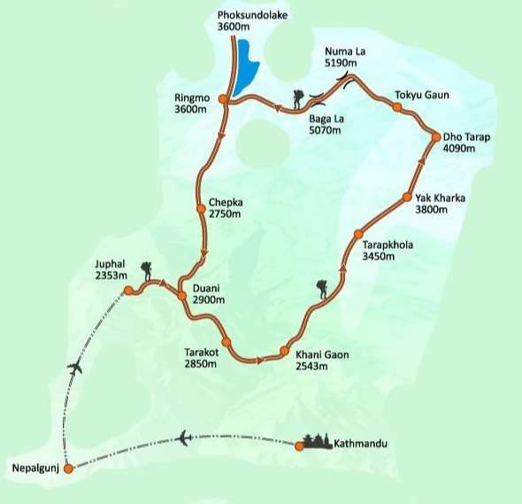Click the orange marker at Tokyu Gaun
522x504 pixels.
click(x=397, y=107)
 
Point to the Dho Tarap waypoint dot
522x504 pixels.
click(x=436, y=136)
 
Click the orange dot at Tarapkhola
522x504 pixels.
click(x=358, y=234)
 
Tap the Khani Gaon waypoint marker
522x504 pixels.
click(x=284, y=351)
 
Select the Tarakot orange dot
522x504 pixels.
click(x=226, y=342)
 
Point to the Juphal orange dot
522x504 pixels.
click(x=128, y=290)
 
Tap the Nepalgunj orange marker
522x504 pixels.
click(x=69, y=469)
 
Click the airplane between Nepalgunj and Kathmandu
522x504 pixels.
click(x=184, y=438)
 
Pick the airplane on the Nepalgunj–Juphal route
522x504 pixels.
click(x=75, y=367)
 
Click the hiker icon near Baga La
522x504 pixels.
click(x=299, y=99)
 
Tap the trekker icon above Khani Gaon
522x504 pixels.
click(x=321, y=290)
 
